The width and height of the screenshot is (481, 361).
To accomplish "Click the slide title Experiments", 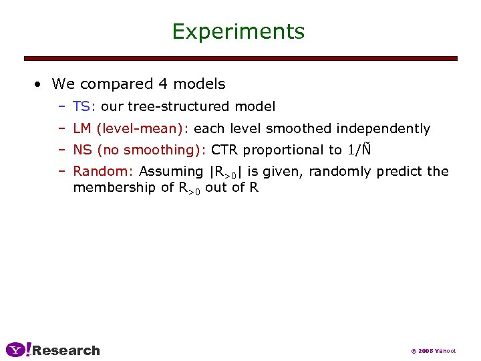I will point(238,31).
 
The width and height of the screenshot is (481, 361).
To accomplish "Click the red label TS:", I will point(85,106).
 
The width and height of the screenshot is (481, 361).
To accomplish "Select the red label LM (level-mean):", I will point(132,128).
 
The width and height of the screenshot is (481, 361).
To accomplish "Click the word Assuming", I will point(171,171).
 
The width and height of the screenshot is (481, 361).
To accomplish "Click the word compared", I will point(113,84).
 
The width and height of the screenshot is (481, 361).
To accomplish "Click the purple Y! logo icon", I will point(18,350).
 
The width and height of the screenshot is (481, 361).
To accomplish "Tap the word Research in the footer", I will point(66,350).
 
